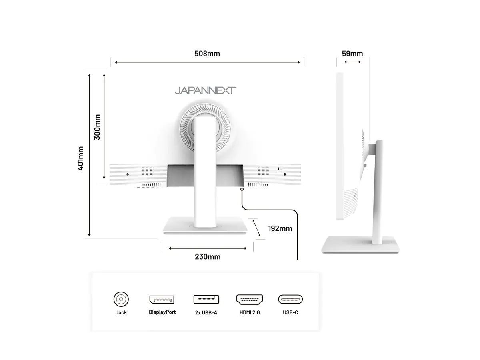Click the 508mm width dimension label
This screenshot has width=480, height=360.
[x=207, y=54]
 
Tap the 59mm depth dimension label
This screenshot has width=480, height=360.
[x=352, y=54]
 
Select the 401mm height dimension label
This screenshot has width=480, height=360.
[x=81, y=158]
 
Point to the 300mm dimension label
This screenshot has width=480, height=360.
[x=97, y=127]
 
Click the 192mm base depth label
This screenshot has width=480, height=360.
[x=280, y=228]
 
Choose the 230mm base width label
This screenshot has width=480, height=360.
[x=208, y=257]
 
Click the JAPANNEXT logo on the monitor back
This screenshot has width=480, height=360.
[x=205, y=90]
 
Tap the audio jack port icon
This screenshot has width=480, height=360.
[x=121, y=299]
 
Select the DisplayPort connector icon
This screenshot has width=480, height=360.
[x=162, y=299]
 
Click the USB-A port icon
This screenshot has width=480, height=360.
[x=206, y=299]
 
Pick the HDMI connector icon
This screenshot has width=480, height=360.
[x=249, y=299]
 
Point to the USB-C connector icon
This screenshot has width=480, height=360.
[x=290, y=299]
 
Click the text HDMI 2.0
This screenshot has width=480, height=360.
[x=250, y=312]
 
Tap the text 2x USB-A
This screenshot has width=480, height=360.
[x=206, y=312]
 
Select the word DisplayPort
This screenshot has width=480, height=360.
[x=162, y=312]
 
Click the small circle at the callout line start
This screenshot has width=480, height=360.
[x=242, y=189]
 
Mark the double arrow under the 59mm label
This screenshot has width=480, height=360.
[x=352, y=62]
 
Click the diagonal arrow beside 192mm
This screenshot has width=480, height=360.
[x=256, y=228]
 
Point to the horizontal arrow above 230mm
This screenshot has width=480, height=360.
[x=208, y=248]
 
